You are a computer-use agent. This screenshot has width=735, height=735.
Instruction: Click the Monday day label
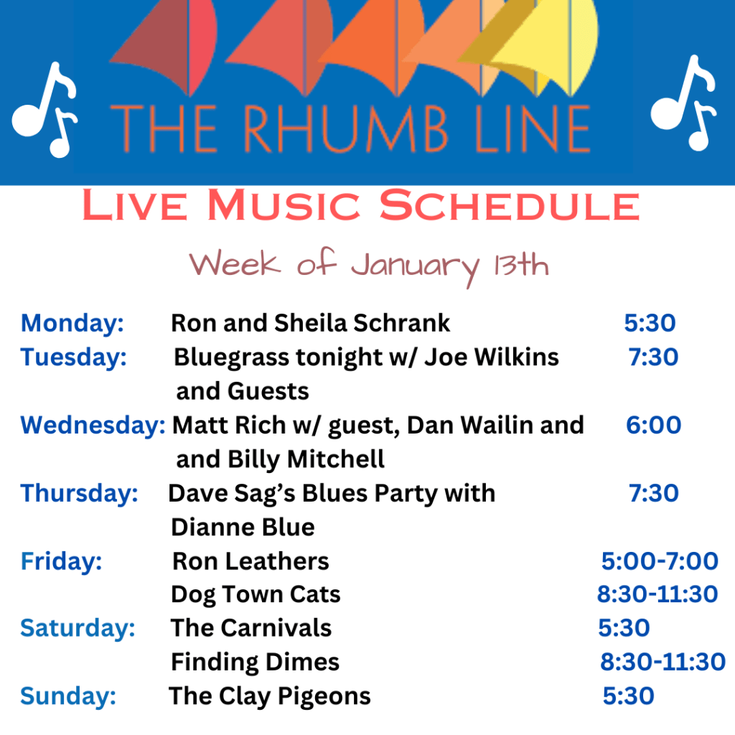click(x=72, y=324)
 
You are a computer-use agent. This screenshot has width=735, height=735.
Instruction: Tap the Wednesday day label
click(x=93, y=426)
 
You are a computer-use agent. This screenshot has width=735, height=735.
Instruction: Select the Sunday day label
click(x=68, y=696)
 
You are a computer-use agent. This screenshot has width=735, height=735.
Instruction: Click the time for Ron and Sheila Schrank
click(x=650, y=323)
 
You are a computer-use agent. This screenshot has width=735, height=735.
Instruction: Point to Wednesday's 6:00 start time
click(x=653, y=425)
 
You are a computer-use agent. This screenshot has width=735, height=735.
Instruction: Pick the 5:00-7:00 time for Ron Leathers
click(x=660, y=561)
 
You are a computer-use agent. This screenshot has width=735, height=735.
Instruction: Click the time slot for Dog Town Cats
click(x=657, y=594)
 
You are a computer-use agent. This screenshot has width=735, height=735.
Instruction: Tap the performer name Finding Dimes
click(x=255, y=663)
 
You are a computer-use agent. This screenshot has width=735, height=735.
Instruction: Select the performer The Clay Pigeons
click(x=270, y=696)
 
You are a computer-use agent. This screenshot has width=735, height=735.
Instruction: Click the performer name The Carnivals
click(x=251, y=628)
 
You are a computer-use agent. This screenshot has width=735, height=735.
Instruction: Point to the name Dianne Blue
click(x=243, y=528)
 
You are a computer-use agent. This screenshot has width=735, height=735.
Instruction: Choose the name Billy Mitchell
click(x=306, y=459)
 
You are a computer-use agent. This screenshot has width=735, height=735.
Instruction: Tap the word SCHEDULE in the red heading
click(x=510, y=205)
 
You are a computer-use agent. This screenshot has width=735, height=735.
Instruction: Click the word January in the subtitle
click(x=416, y=267)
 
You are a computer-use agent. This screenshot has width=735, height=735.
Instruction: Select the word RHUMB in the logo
click(x=345, y=128)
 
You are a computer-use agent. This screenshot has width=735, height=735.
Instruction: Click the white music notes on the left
click(x=45, y=110)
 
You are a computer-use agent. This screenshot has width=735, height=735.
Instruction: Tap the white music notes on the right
click(x=683, y=103)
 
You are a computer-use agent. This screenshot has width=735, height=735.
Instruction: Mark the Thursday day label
click(x=79, y=494)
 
